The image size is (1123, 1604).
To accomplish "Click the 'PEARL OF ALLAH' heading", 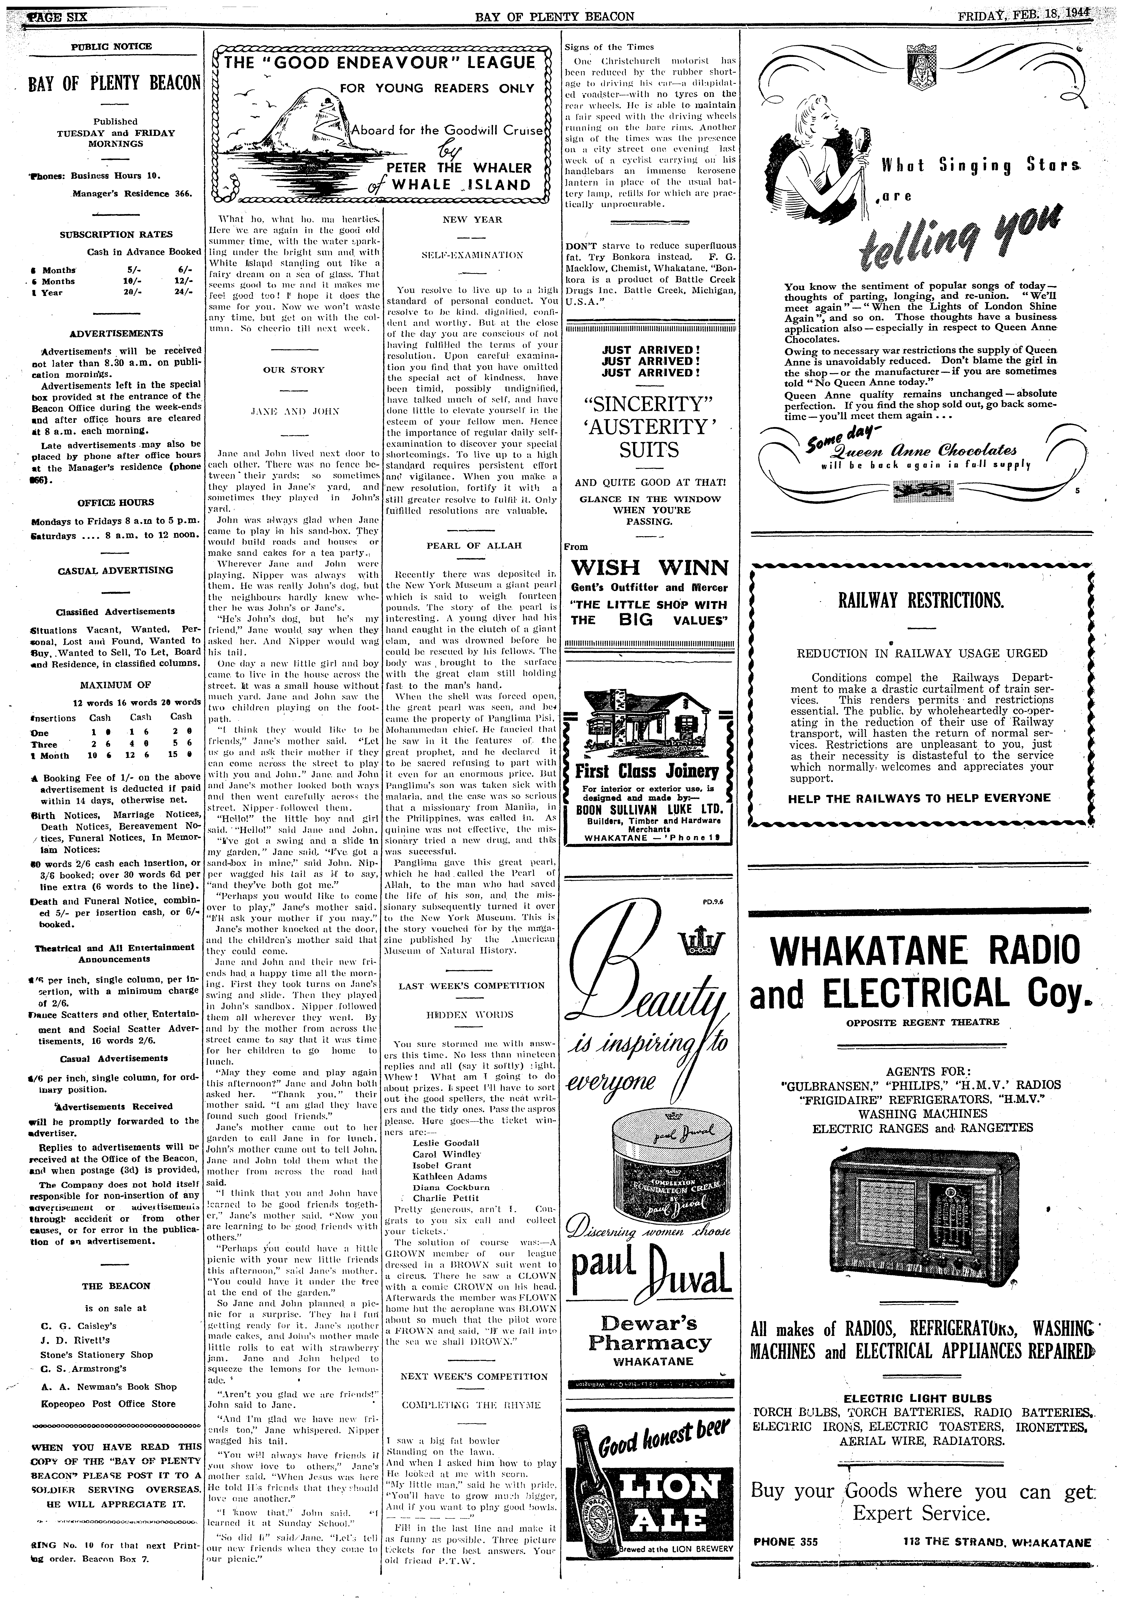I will click(x=474, y=545).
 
